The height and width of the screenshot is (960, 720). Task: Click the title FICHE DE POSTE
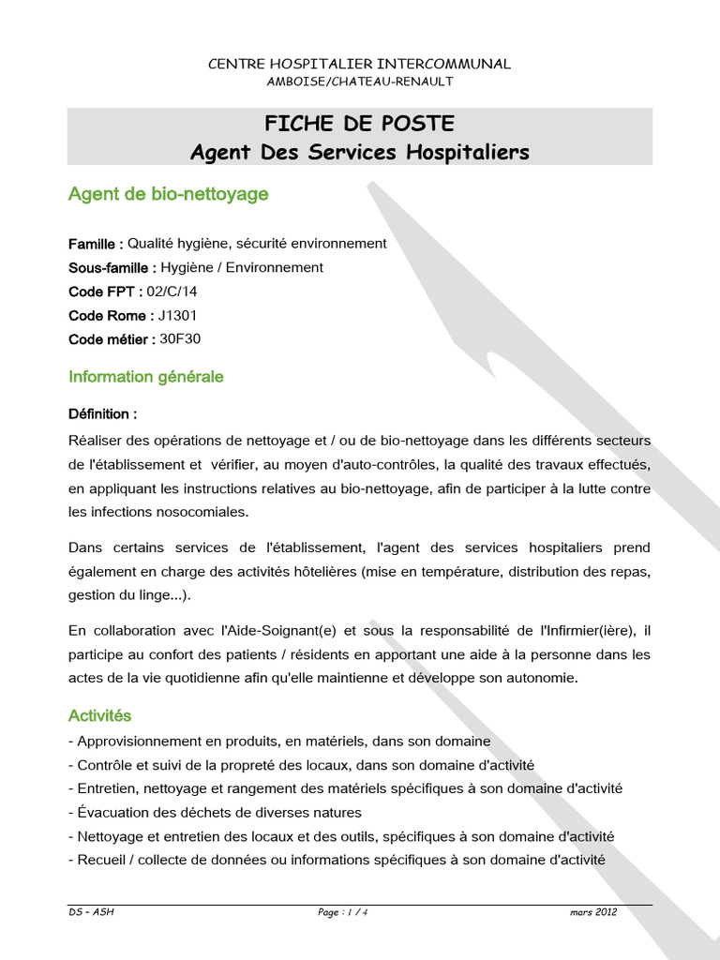360,124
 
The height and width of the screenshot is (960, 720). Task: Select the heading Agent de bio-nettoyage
169,194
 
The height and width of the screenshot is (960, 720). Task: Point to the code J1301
178,316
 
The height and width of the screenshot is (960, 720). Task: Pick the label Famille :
96,244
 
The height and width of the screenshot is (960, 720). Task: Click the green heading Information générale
146,377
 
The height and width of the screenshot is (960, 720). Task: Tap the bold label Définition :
103,413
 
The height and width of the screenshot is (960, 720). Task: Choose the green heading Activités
100,716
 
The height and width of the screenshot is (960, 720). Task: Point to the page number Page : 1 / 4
342,912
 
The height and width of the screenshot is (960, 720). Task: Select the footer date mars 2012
592,912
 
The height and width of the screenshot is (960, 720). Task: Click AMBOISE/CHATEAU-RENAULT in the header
360,82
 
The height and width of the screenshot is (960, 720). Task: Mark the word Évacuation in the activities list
114,813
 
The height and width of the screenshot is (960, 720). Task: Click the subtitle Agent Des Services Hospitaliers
360,151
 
